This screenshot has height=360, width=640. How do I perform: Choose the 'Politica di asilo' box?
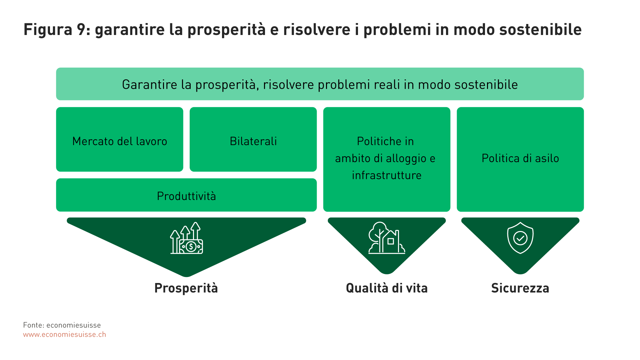[520, 159]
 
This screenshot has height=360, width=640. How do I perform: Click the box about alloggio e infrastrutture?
[387, 159]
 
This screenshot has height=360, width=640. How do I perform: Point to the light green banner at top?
[320, 84]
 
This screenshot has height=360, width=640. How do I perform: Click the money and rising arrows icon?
[187, 238]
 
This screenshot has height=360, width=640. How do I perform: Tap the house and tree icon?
[387, 238]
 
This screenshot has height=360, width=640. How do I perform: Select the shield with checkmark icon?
[520, 238]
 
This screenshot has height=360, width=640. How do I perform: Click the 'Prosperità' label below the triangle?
[186, 288]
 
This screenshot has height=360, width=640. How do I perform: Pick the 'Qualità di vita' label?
[387, 288]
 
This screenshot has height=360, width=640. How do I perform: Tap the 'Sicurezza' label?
[520, 288]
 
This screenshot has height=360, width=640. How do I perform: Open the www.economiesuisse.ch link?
[65, 334]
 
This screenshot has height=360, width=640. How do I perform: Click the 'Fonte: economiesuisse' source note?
[62, 325]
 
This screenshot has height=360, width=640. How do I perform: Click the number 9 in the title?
[82, 29]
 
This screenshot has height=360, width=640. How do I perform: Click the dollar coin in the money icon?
[191, 247]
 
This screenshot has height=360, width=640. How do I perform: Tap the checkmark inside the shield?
[520, 238]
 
